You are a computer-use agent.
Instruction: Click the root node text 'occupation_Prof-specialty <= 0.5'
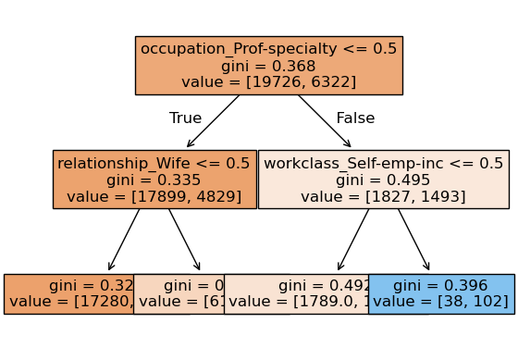coord(268,49)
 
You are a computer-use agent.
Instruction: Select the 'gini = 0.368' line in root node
coord(268,66)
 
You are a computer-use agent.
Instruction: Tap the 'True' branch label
coord(185,118)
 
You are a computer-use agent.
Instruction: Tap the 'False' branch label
coord(354,118)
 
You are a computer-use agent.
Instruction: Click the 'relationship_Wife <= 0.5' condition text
coord(154,163)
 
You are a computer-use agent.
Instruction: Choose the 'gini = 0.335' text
coord(154,180)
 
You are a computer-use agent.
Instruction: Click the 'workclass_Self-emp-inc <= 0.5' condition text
coord(383,163)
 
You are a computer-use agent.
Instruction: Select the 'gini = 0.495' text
coord(383,180)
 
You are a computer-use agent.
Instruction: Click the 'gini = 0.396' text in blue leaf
coord(441,286)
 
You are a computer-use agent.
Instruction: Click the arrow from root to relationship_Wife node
coord(214,121)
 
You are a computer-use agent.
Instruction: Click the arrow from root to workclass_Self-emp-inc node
coord(324,121)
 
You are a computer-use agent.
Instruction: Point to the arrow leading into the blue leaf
coord(413,240)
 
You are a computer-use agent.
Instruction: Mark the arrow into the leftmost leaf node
coord(124,240)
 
